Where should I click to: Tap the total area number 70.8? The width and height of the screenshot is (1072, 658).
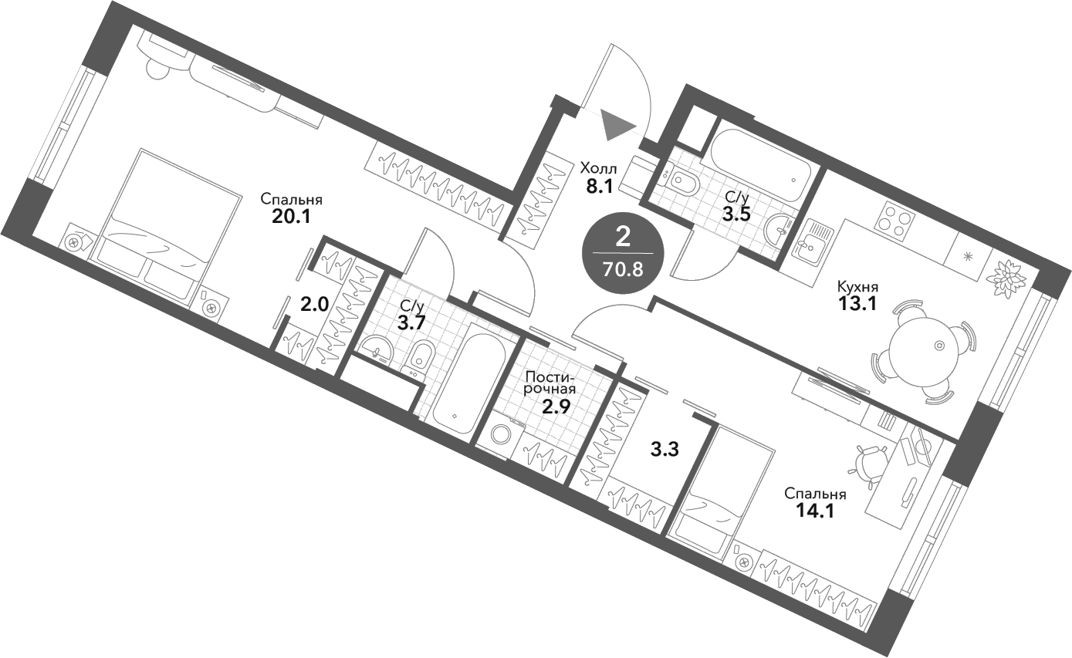[x=623, y=271]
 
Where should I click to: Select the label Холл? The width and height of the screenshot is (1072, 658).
[x=598, y=168]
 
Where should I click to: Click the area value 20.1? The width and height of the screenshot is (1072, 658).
[x=291, y=217]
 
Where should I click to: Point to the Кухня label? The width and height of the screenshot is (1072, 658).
[x=857, y=287]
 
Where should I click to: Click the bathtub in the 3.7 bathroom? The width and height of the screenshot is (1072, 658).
[x=471, y=378]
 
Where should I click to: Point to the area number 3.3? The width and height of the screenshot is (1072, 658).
[x=665, y=450]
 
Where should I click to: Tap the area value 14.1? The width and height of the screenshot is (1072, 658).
[x=815, y=511]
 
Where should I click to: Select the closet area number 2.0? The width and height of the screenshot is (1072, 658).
[x=314, y=304]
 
